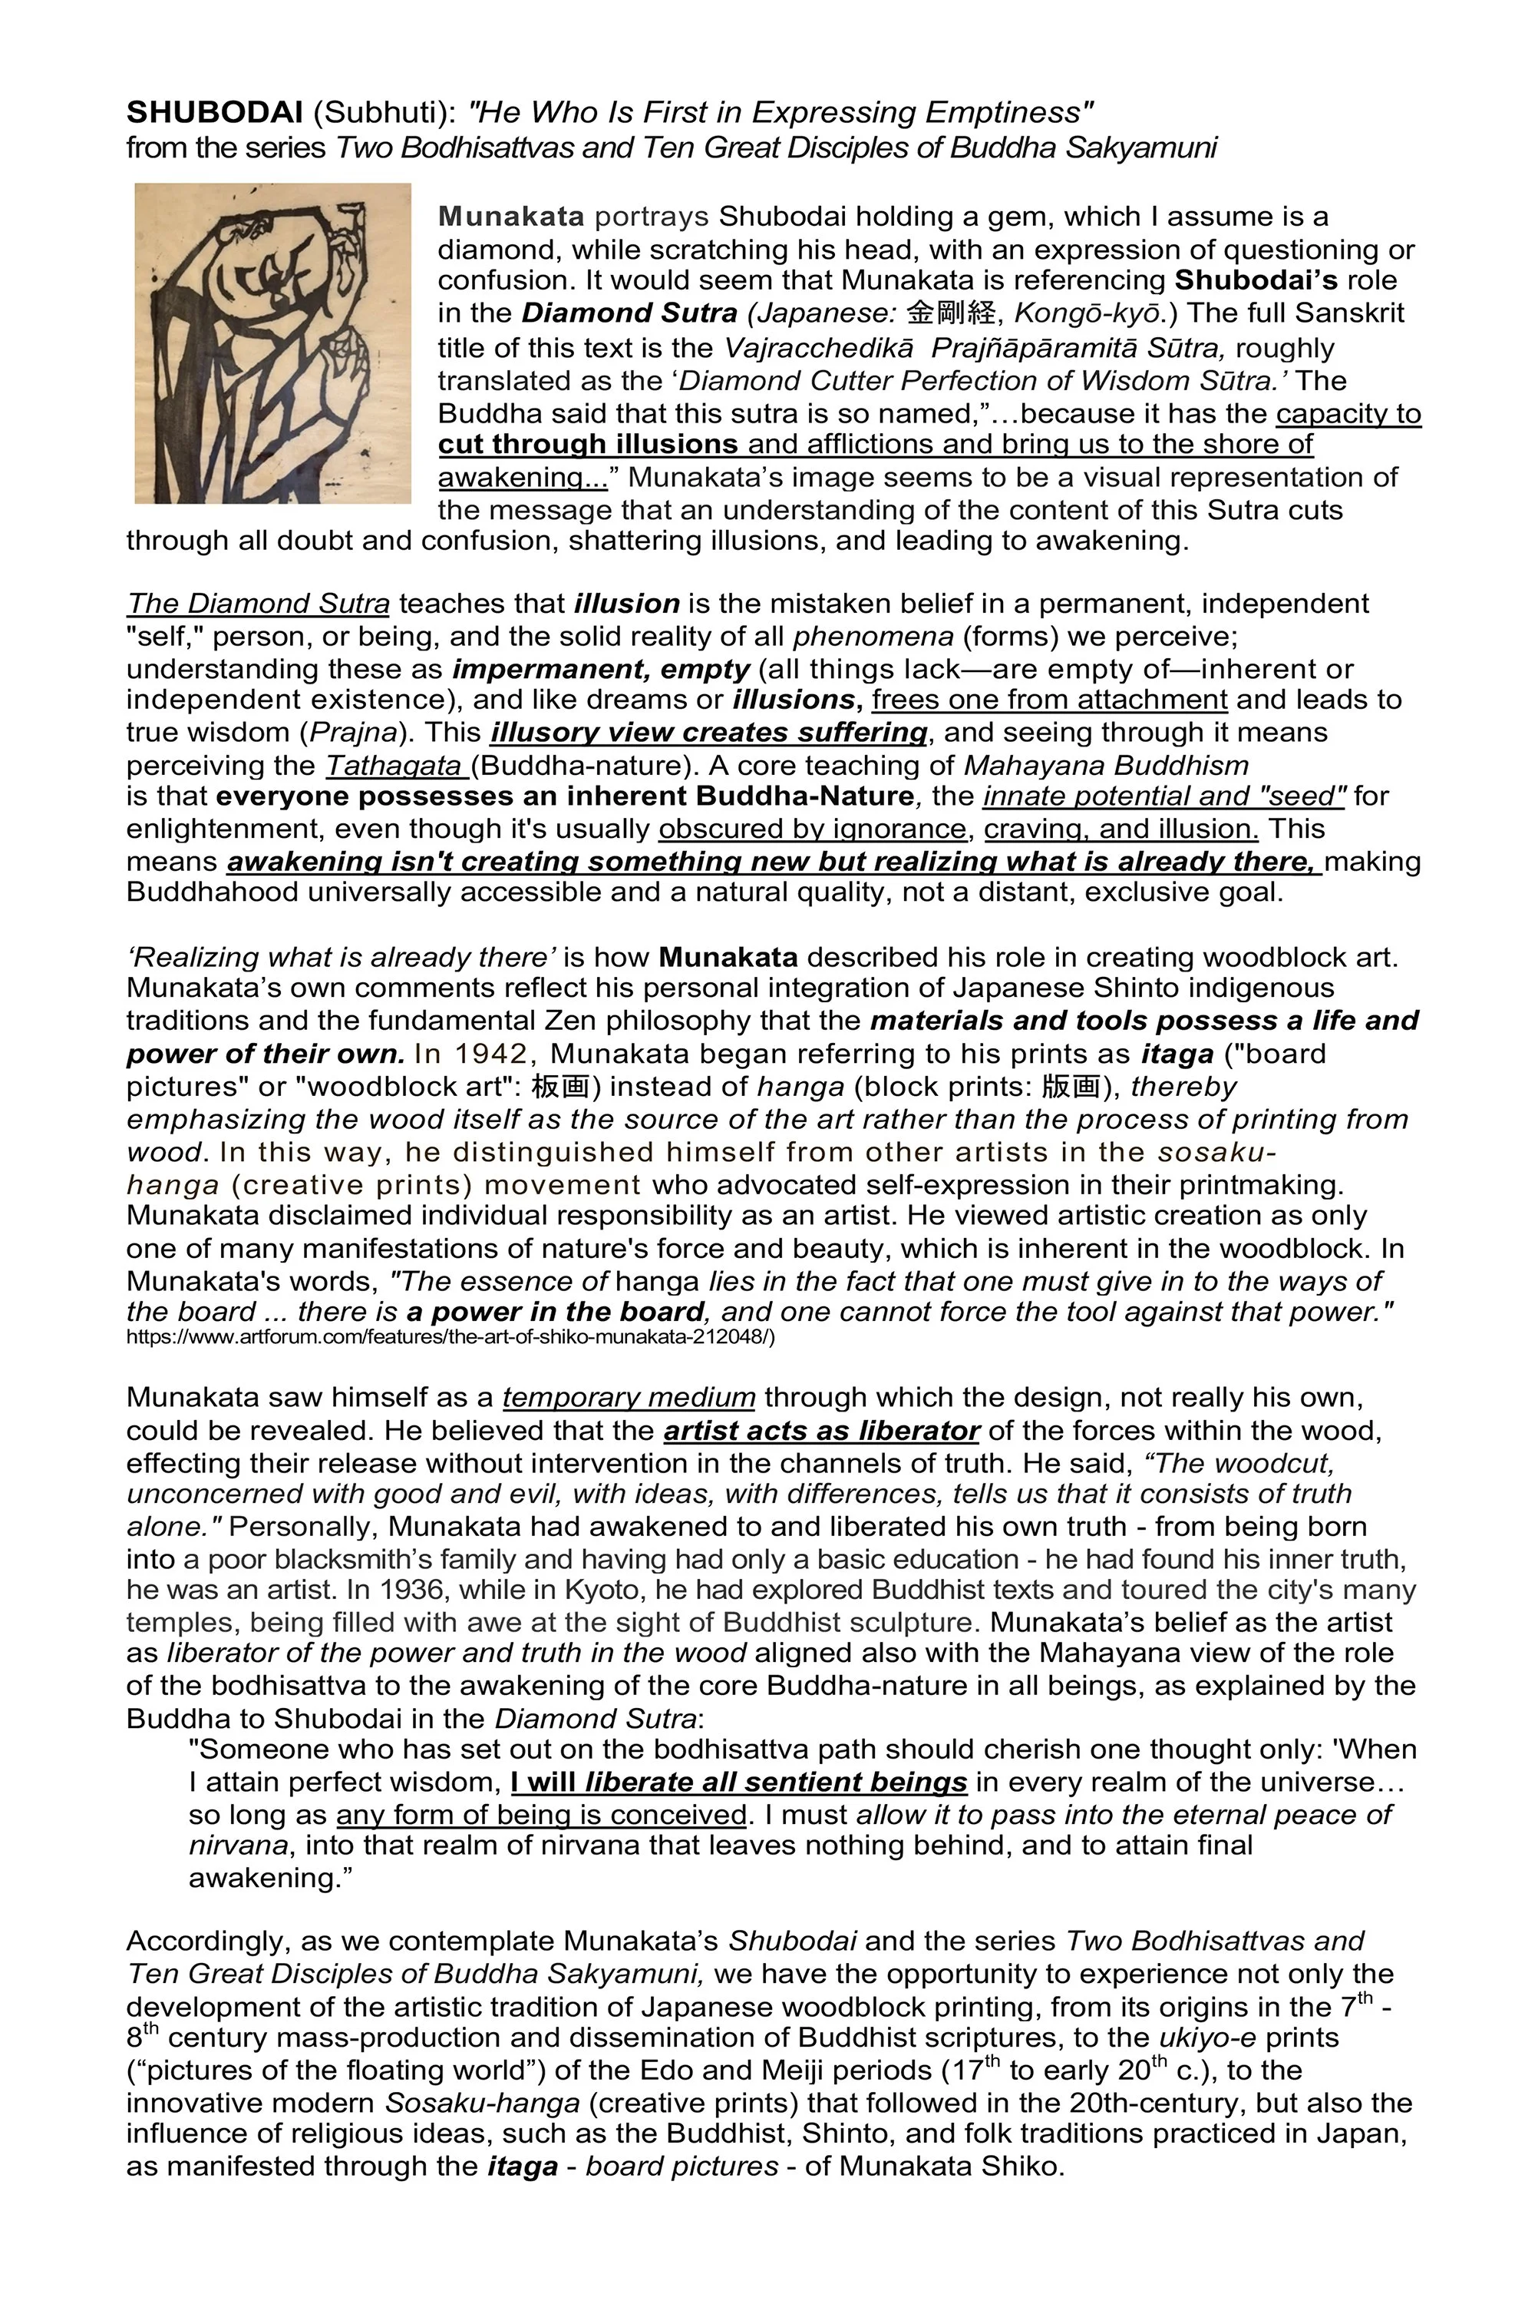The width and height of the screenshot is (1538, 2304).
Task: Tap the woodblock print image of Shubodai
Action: (x=272, y=343)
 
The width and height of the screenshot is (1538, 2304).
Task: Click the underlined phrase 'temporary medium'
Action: (x=629, y=1397)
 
